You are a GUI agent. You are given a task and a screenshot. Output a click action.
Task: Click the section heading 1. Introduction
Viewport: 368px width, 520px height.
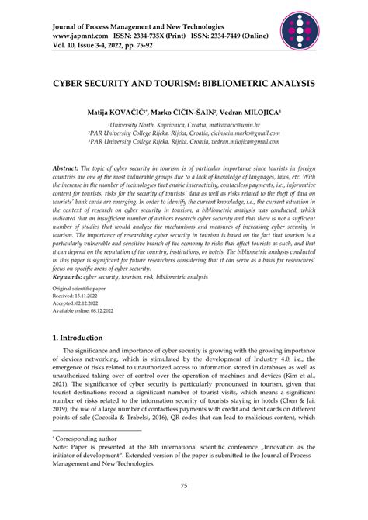[x=76, y=360]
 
